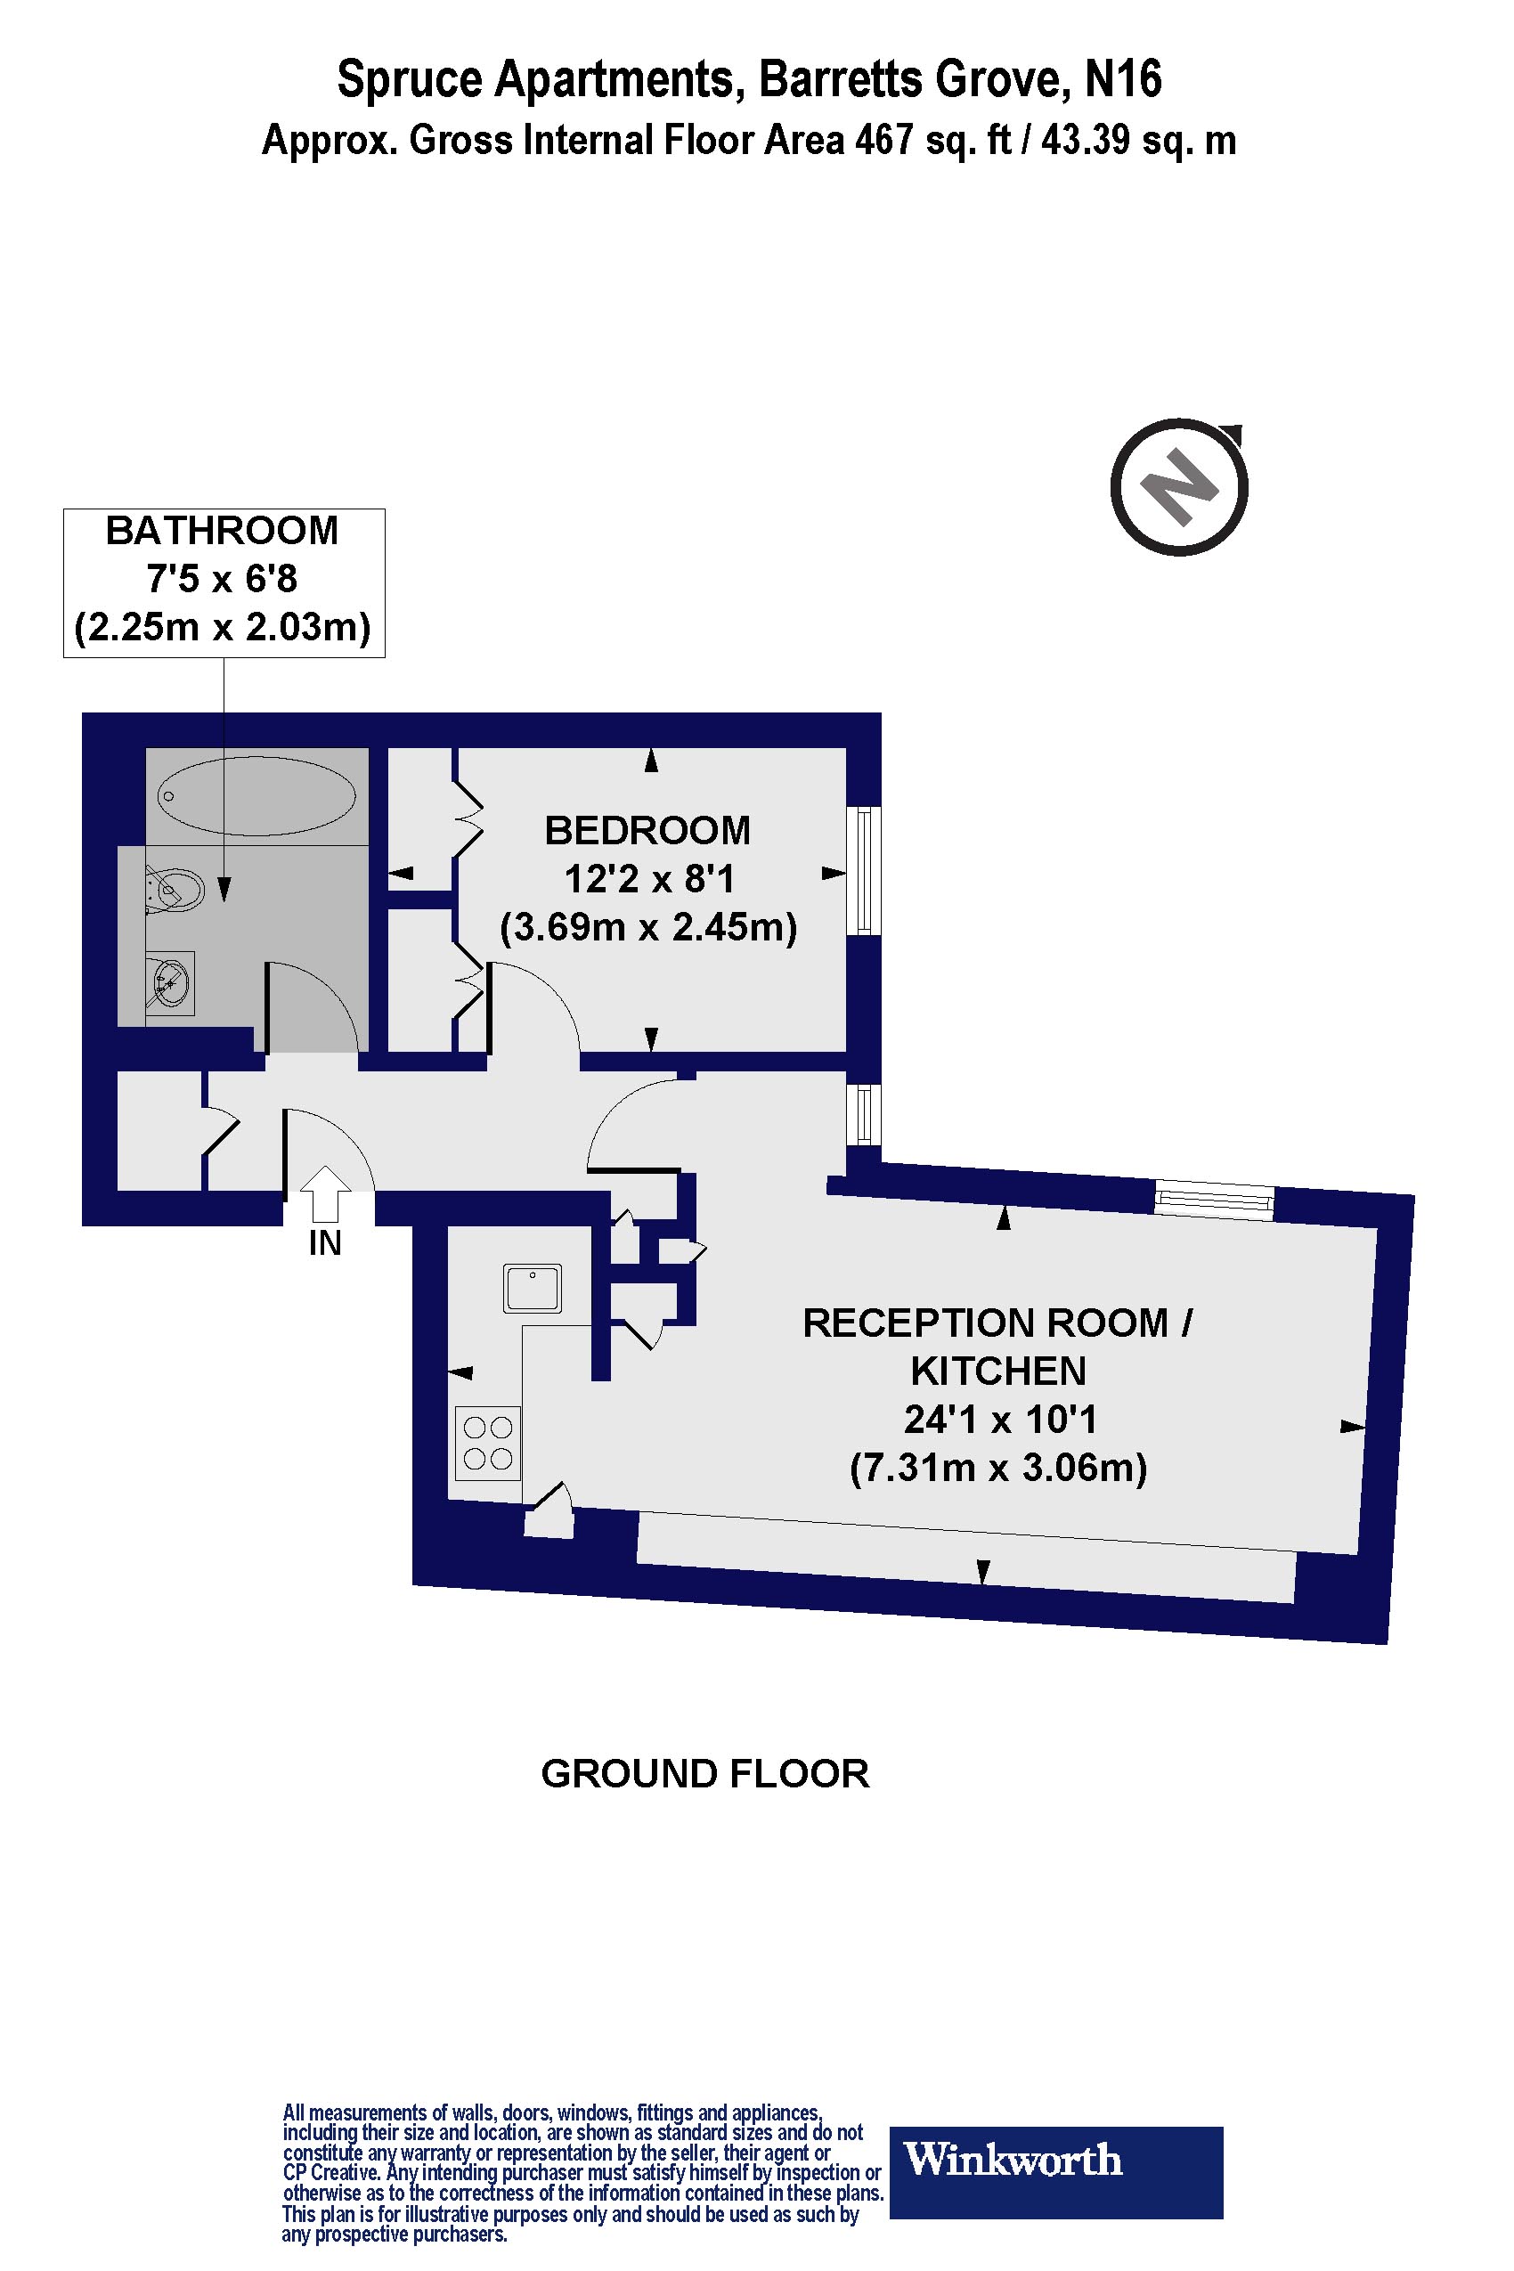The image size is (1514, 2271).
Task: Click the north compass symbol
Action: (x=1179, y=485)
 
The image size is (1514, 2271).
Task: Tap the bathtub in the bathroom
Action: (x=256, y=796)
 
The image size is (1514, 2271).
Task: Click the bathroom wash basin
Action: (x=170, y=984)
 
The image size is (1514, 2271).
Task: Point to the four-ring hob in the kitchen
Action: (x=488, y=1444)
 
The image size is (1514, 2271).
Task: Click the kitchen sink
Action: (x=533, y=1289)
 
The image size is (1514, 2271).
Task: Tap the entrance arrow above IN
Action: (x=326, y=1193)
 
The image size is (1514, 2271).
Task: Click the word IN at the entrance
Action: (x=325, y=1243)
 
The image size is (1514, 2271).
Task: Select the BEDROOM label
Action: (x=647, y=830)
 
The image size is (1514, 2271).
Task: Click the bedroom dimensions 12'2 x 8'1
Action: (x=649, y=880)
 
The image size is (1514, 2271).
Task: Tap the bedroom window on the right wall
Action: (x=864, y=871)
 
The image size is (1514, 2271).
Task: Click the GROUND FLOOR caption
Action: (x=704, y=1774)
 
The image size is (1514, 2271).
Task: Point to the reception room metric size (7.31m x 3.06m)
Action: (x=998, y=1468)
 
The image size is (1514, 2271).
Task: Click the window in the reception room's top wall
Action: (x=1215, y=1201)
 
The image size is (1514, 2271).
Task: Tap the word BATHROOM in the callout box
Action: (x=222, y=531)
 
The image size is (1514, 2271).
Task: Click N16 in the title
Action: (x=1123, y=79)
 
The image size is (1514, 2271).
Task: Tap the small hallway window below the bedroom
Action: (x=864, y=1114)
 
